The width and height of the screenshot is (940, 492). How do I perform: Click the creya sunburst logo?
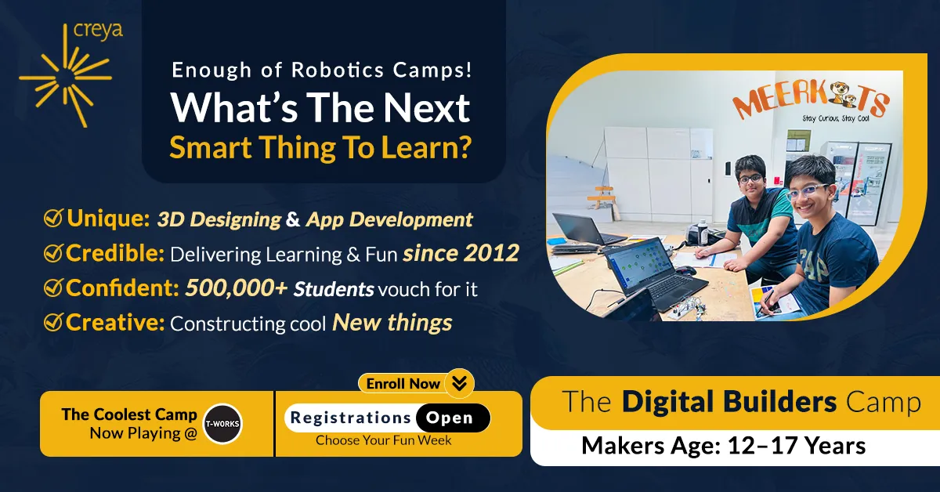(x=66, y=77)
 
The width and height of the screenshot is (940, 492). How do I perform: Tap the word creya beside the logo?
(x=98, y=31)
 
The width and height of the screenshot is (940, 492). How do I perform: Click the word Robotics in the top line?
(x=338, y=70)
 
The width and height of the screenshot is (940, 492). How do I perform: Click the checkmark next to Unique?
(x=54, y=219)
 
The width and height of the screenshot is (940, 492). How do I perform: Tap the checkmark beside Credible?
(x=54, y=253)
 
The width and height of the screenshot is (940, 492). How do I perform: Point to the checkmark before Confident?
(x=54, y=288)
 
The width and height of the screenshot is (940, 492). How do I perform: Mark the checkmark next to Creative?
(x=54, y=323)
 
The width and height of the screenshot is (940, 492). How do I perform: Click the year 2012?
(x=491, y=253)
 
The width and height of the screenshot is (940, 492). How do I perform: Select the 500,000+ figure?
(x=237, y=288)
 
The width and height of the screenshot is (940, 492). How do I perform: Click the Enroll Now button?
(x=416, y=383)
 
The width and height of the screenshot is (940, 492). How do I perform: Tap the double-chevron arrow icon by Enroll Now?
(x=460, y=383)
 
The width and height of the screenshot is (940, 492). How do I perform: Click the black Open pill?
(x=453, y=418)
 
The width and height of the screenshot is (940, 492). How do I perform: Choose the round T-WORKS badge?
(x=222, y=424)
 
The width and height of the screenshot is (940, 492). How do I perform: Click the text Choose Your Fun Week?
(x=384, y=440)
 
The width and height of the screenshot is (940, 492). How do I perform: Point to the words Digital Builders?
(x=729, y=402)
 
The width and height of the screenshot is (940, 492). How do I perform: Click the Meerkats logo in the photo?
(x=811, y=102)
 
